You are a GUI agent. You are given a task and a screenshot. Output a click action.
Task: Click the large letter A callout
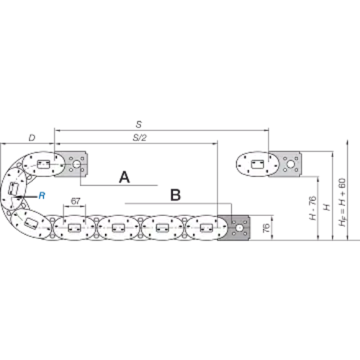click(x=125, y=177)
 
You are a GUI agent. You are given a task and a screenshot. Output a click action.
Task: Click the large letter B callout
click(x=176, y=195)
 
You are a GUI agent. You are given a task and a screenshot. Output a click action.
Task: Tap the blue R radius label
click(x=42, y=196)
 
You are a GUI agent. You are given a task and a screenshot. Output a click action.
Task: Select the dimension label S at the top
click(x=139, y=125)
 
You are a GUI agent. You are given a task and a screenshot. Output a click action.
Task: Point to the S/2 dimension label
click(x=140, y=138)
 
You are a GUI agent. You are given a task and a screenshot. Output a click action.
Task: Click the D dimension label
click(x=32, y=138)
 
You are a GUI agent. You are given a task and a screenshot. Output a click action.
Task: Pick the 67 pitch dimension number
click(x=76, y=201)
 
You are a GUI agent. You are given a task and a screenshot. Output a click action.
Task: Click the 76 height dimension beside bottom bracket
click(x=266, y=228)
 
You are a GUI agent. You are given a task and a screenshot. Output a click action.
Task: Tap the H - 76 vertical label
click(x=312, y=208)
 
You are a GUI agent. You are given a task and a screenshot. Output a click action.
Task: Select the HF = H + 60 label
click(x=342, y=202)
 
